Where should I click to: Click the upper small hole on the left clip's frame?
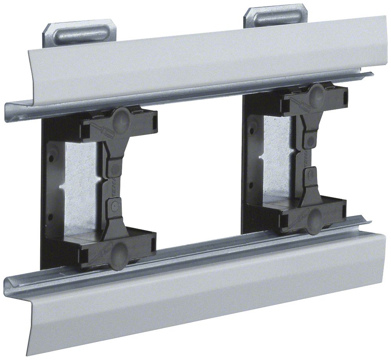(50, 158)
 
